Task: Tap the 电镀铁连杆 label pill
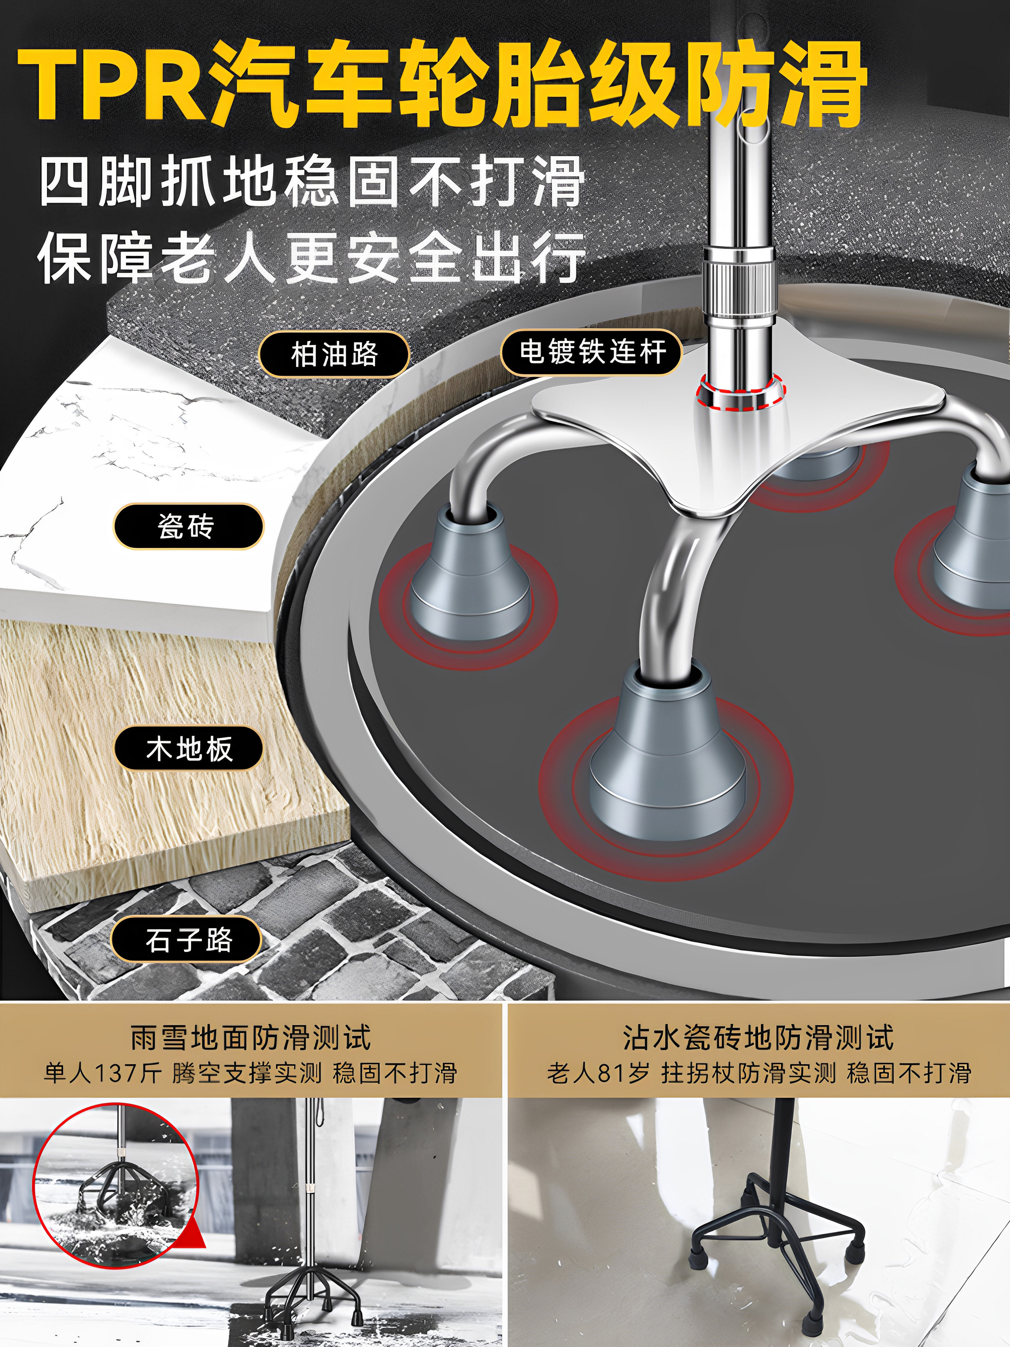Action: [x=591, y=352]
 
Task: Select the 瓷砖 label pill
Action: [x=188, y=526]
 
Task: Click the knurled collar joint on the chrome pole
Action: [x=739, y=286]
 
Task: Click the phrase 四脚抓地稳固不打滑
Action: [x=312, y=182]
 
